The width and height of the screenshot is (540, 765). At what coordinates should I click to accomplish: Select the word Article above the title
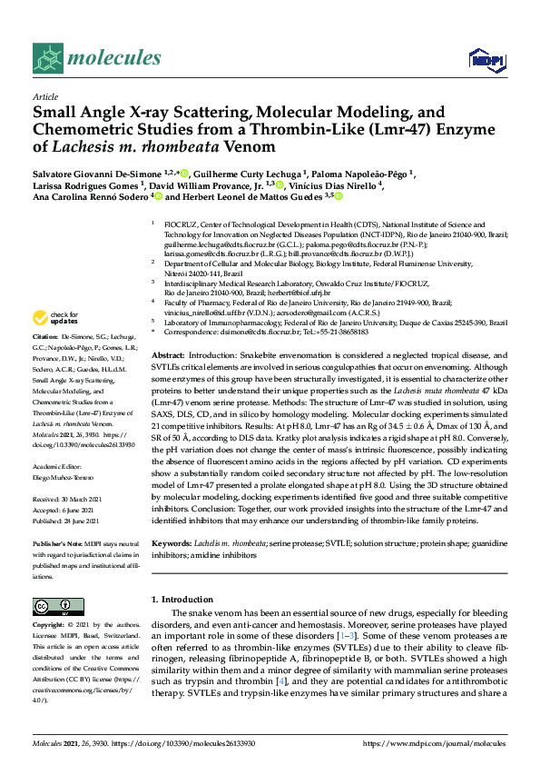pos(44,95)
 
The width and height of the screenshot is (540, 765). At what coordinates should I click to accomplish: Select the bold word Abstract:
pos(170,353)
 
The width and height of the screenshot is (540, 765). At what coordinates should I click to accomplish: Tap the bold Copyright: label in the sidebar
pos(52,626)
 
